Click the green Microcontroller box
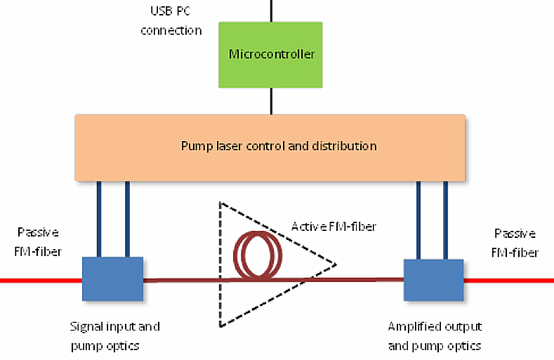coord(270,54)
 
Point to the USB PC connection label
coord(171,22)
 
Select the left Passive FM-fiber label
coord(39,241)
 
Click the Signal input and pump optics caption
coord(114,335)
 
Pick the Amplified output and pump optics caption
coord(435,335)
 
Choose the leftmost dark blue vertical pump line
coord(99,218)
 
